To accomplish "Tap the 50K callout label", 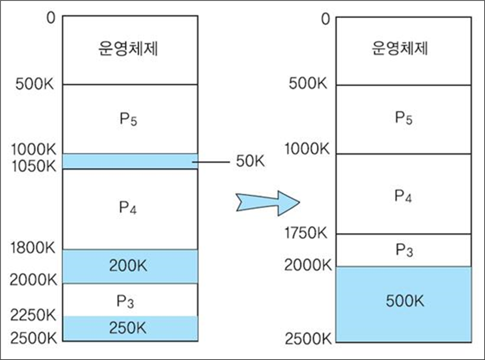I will pyautogui.click(x=250, y=161).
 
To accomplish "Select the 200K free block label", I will pyautogui.click(x=130, y=266).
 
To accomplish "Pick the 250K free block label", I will pyautogui.click(x=130, y=328).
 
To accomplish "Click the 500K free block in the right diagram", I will pyautogui.click(x=403, y=302).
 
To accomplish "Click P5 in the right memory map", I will pyautogui.click(x=403, y=118).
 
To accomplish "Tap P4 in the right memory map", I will pyautogui.click(x=403, y=196).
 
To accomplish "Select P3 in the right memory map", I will pyautogui.click(x=403, y=250).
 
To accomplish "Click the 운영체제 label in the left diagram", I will pyautogui.click(x=130, y=49).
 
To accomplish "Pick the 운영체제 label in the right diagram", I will pyautogui.click(x=403, y=49).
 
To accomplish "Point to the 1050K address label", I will pyautogui.click(x=34, y=166).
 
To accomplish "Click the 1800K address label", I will pyautogui.click(x=34, y=249).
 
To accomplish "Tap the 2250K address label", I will pyautogui.click(x=34, y=316).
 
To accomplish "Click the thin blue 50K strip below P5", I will pyautogui.click(x=130, y=161).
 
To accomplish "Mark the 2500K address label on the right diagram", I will pyautogui.click(x=308, y=337).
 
